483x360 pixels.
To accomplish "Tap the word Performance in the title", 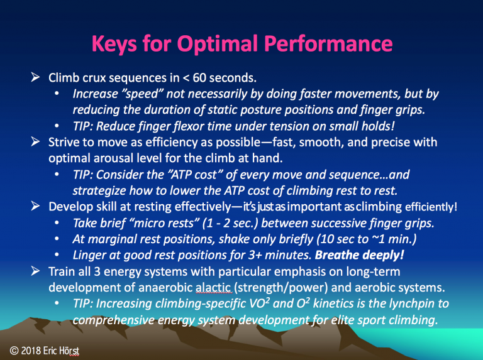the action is coord(328,43).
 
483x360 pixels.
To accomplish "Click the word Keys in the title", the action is coord(114,44).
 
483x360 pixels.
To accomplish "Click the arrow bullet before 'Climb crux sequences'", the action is coord(35,77).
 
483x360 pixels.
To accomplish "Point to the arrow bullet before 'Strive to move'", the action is coord(35,141).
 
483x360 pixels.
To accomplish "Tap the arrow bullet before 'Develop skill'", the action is coord(35,206).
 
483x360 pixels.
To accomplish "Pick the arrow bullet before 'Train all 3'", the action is coord(35,271).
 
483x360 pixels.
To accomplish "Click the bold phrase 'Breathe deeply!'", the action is coord(359,255).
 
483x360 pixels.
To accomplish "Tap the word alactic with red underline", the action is coord(213,287).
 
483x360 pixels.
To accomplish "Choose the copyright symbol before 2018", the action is coord(14,351).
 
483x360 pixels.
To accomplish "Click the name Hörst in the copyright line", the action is coord(70,351).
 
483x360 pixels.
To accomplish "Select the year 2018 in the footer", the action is coord(31,351).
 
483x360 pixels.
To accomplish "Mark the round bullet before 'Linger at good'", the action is coord(57,255).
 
